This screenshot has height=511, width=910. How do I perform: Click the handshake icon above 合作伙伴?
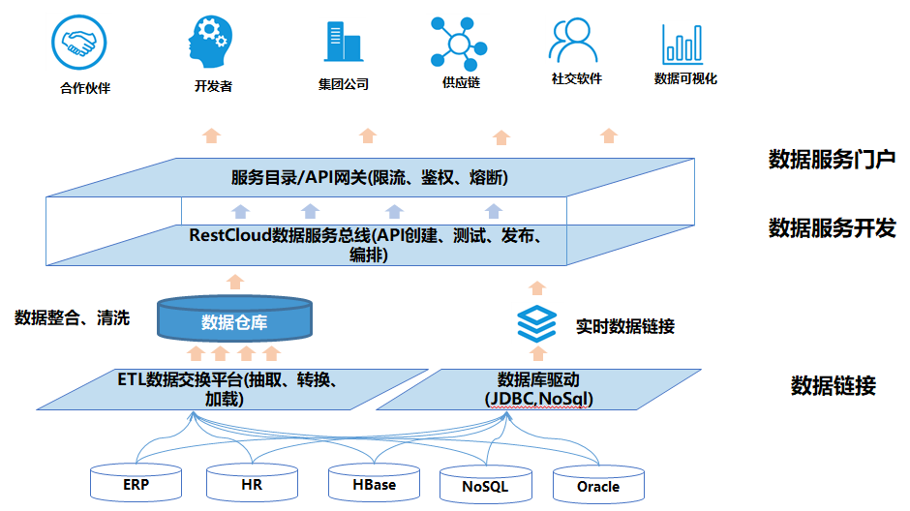(79, 43)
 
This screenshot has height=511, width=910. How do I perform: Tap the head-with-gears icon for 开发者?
(209, 42)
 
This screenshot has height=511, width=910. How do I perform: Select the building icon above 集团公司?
(343, 42)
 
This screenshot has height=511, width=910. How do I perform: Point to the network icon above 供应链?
(459, 45)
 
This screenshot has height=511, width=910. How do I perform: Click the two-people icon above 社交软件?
(573, 40)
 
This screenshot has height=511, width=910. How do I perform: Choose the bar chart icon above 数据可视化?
(682, 45)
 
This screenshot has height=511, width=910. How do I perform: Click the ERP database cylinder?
(136, 483)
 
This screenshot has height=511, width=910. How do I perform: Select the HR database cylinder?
(252, 483)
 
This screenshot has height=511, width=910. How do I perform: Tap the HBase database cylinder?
(374, 483)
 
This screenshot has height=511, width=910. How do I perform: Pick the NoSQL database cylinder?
(486, 485)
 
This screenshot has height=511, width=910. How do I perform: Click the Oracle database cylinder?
(598, 485)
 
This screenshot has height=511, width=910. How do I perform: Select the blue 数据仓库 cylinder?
(234, 318)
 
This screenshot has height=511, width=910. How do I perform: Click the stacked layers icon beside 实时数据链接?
(537, 323)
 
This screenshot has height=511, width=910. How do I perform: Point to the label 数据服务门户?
(832, 159)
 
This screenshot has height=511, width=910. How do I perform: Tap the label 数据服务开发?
(832, 228)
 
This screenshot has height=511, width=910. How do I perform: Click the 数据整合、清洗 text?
(72, 317)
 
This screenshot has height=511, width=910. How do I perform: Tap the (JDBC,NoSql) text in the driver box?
(538, 399)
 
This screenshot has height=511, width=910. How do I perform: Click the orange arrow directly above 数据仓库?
(235, 282)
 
